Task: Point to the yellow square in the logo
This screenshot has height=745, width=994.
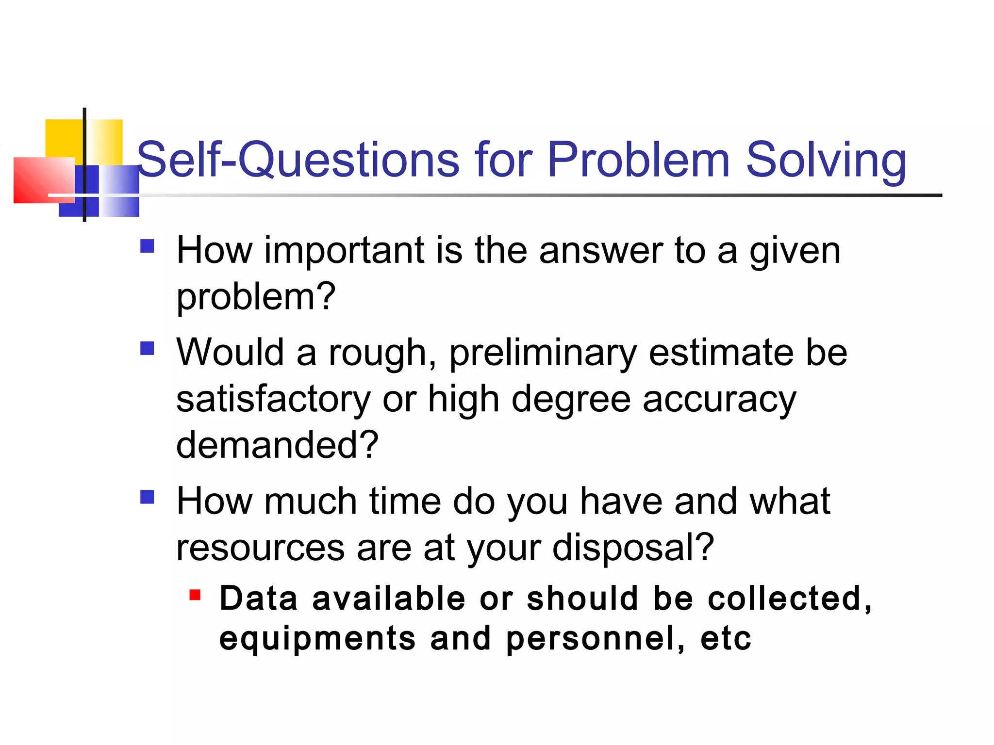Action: pyautogui.click(x=63, y=138)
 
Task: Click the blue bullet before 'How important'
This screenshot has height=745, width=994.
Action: pyautogui.click(x=147, y=246)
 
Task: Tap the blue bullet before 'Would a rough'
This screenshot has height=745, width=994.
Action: pyautogui.click(x=147, y=348)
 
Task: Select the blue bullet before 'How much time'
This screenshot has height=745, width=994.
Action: pyautogui.click(x=147, y=497)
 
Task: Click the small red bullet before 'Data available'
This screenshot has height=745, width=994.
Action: pyautogui.click(x=195, y=595)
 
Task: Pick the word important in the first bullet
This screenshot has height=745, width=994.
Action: pyautogui.click(x=344, y=251)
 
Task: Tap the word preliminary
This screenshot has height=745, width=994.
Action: pyautogui.click(x=543, y=353)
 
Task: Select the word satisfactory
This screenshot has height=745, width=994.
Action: pyautogui.click(x=273, y=400)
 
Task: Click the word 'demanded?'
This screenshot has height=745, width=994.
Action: pyautogui.click(x=277, y=445)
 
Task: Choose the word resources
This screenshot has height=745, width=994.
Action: pyautogui.click(x=260, y=548)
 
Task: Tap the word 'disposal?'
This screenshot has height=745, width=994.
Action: pyautogui.click(x=633, y=548)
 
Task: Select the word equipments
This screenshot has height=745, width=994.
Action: pyautogui.click(x=317, y=639)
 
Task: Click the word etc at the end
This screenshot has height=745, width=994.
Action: pyautogui.click(x=726, y=639)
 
